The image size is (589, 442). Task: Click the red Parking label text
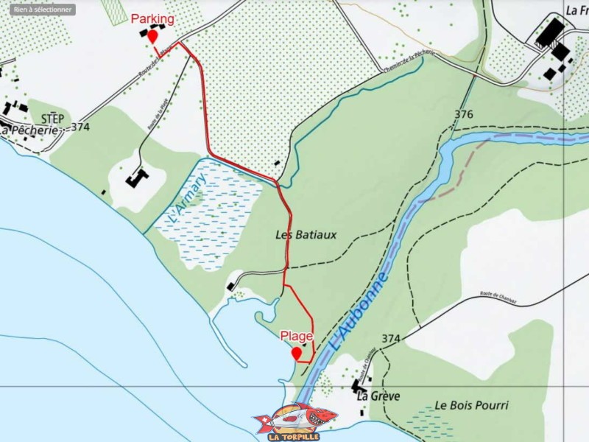pyautogui.click(x=152, y=19)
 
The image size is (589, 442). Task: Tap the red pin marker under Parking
pyautogui.click(x=152, y=36)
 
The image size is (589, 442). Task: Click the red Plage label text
pyautogui.click(x=297, y=336)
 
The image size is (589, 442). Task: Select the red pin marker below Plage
pyautogui.click(x=297, y=354)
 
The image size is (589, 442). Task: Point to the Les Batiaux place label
pyautogui.click(x=306, y=235)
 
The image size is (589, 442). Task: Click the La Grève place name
pyautogui.click(x=378, y=396)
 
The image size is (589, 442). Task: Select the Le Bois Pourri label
pyautogui.click(x=471, y=405)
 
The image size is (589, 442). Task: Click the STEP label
pyautogui.click(x=52, y=119)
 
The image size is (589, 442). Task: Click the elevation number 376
pyautogui.click(x=464, y=114)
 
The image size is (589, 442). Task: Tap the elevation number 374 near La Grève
pyautogui.click(x=391, y=339)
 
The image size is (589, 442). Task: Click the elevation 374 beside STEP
pyautogui.click(x=80, y=127)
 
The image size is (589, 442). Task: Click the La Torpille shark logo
pyautogui.click(x=294, y=421)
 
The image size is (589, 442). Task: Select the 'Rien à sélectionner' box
pyautogui.click(x=43, y=10)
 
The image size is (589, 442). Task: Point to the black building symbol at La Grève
pyautogui.click(x=359, y=385)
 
